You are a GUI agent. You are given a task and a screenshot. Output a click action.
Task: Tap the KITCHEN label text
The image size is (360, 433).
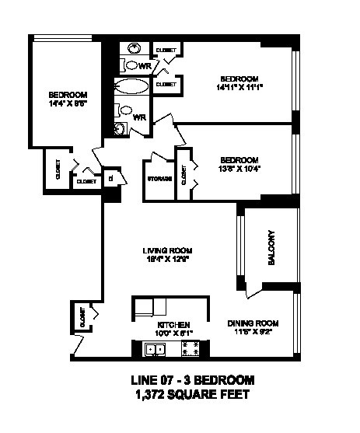coord(173,324)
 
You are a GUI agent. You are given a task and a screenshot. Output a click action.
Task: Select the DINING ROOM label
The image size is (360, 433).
coord(253,323)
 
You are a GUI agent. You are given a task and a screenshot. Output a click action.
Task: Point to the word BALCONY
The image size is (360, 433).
coord(272,248)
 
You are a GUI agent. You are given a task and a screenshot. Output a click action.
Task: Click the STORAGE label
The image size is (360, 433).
coord(159,179)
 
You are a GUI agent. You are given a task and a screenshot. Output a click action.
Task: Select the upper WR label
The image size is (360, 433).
coord(145,67)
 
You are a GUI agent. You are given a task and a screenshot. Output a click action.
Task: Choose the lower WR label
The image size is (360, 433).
coord(141,117)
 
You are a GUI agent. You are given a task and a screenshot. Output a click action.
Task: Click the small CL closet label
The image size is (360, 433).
coord(111,177)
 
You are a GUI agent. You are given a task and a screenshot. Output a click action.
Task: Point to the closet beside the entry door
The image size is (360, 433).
coord(81,317)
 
